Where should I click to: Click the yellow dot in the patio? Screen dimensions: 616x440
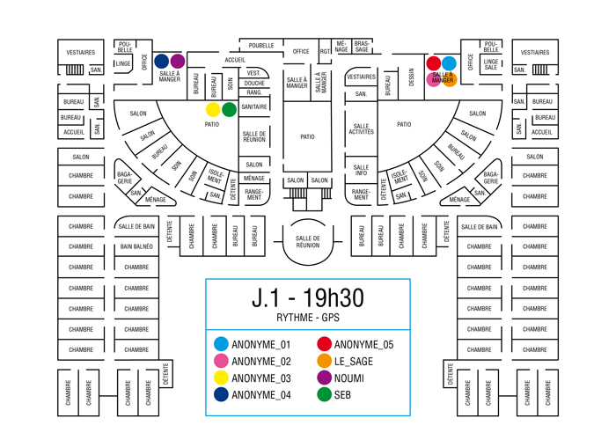(x=213, y=110)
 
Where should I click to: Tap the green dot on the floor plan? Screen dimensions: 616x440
(x=229, y=110)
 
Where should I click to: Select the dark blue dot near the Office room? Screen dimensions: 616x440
(x=161, y=62)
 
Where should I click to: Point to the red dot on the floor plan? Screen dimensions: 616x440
(x=433, y=63)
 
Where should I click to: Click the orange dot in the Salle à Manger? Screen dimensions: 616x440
(x=450, y=79)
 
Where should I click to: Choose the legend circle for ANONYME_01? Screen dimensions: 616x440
(x=221, y=344)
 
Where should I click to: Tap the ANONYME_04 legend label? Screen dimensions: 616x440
(x=261, y=395)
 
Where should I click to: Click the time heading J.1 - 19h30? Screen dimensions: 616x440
(x=308, y=297)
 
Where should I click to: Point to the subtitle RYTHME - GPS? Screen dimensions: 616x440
(x=308, y=318)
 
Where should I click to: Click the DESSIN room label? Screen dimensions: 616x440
(x=411, y=77)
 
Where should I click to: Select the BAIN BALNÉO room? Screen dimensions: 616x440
(x=136, y=246)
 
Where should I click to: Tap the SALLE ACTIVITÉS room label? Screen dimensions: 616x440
(x=361, y=128)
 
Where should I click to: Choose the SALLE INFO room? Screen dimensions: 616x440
(x=361, y=170)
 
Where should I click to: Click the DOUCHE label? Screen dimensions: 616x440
(x=254, y=84)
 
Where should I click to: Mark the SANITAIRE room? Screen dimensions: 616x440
(x=254, y=106)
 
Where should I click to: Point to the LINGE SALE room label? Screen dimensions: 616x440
(x=491, y=64)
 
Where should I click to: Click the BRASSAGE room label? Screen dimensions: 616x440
(x=362, y=47)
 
